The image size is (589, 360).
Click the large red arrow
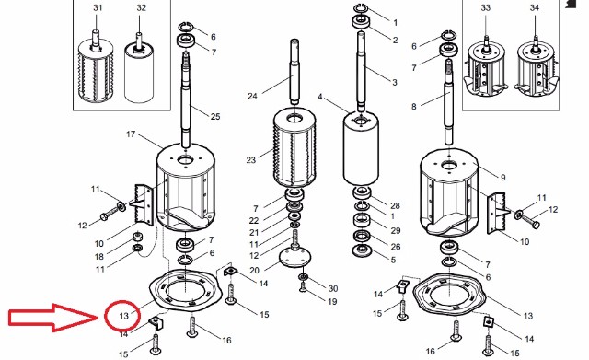click(52, 318)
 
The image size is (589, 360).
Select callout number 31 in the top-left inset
click(98, 7)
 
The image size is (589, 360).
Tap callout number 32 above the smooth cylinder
click(141, 7)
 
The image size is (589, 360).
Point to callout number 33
click(486, 7)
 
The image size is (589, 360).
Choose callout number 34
click(535, 7)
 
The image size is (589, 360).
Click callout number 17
click(131, 134)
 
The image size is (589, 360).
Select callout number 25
click(215, 117)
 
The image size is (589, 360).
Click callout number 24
click(252, 96)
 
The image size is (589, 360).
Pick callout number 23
click(251, 160)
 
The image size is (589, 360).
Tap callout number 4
click(320, 97)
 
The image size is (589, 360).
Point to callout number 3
click(395, 82)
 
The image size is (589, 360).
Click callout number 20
click(254, 270)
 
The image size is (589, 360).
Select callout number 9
click(503, 178)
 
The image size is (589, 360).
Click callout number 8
click(414, 107)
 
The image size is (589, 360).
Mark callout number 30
click(333, 288)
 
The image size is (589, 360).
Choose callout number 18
click(99, 257)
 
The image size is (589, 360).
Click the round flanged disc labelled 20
click(295, 258)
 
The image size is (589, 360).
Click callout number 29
click(395, 230)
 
